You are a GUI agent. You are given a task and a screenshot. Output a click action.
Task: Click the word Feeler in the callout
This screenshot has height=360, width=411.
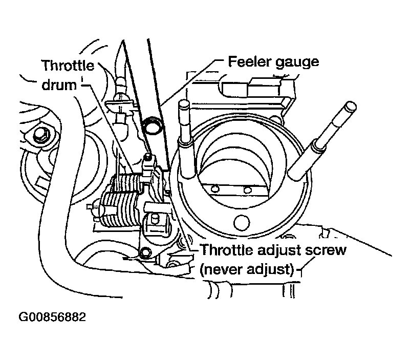click(245, 62)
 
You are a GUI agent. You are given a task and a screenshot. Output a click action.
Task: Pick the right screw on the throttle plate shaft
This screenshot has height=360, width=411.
click(247, 189)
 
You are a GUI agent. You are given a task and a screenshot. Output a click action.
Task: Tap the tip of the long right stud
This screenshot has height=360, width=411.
click(350, 107)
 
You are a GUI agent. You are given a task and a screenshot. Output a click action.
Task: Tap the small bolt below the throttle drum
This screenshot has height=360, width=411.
click(145, 251)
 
